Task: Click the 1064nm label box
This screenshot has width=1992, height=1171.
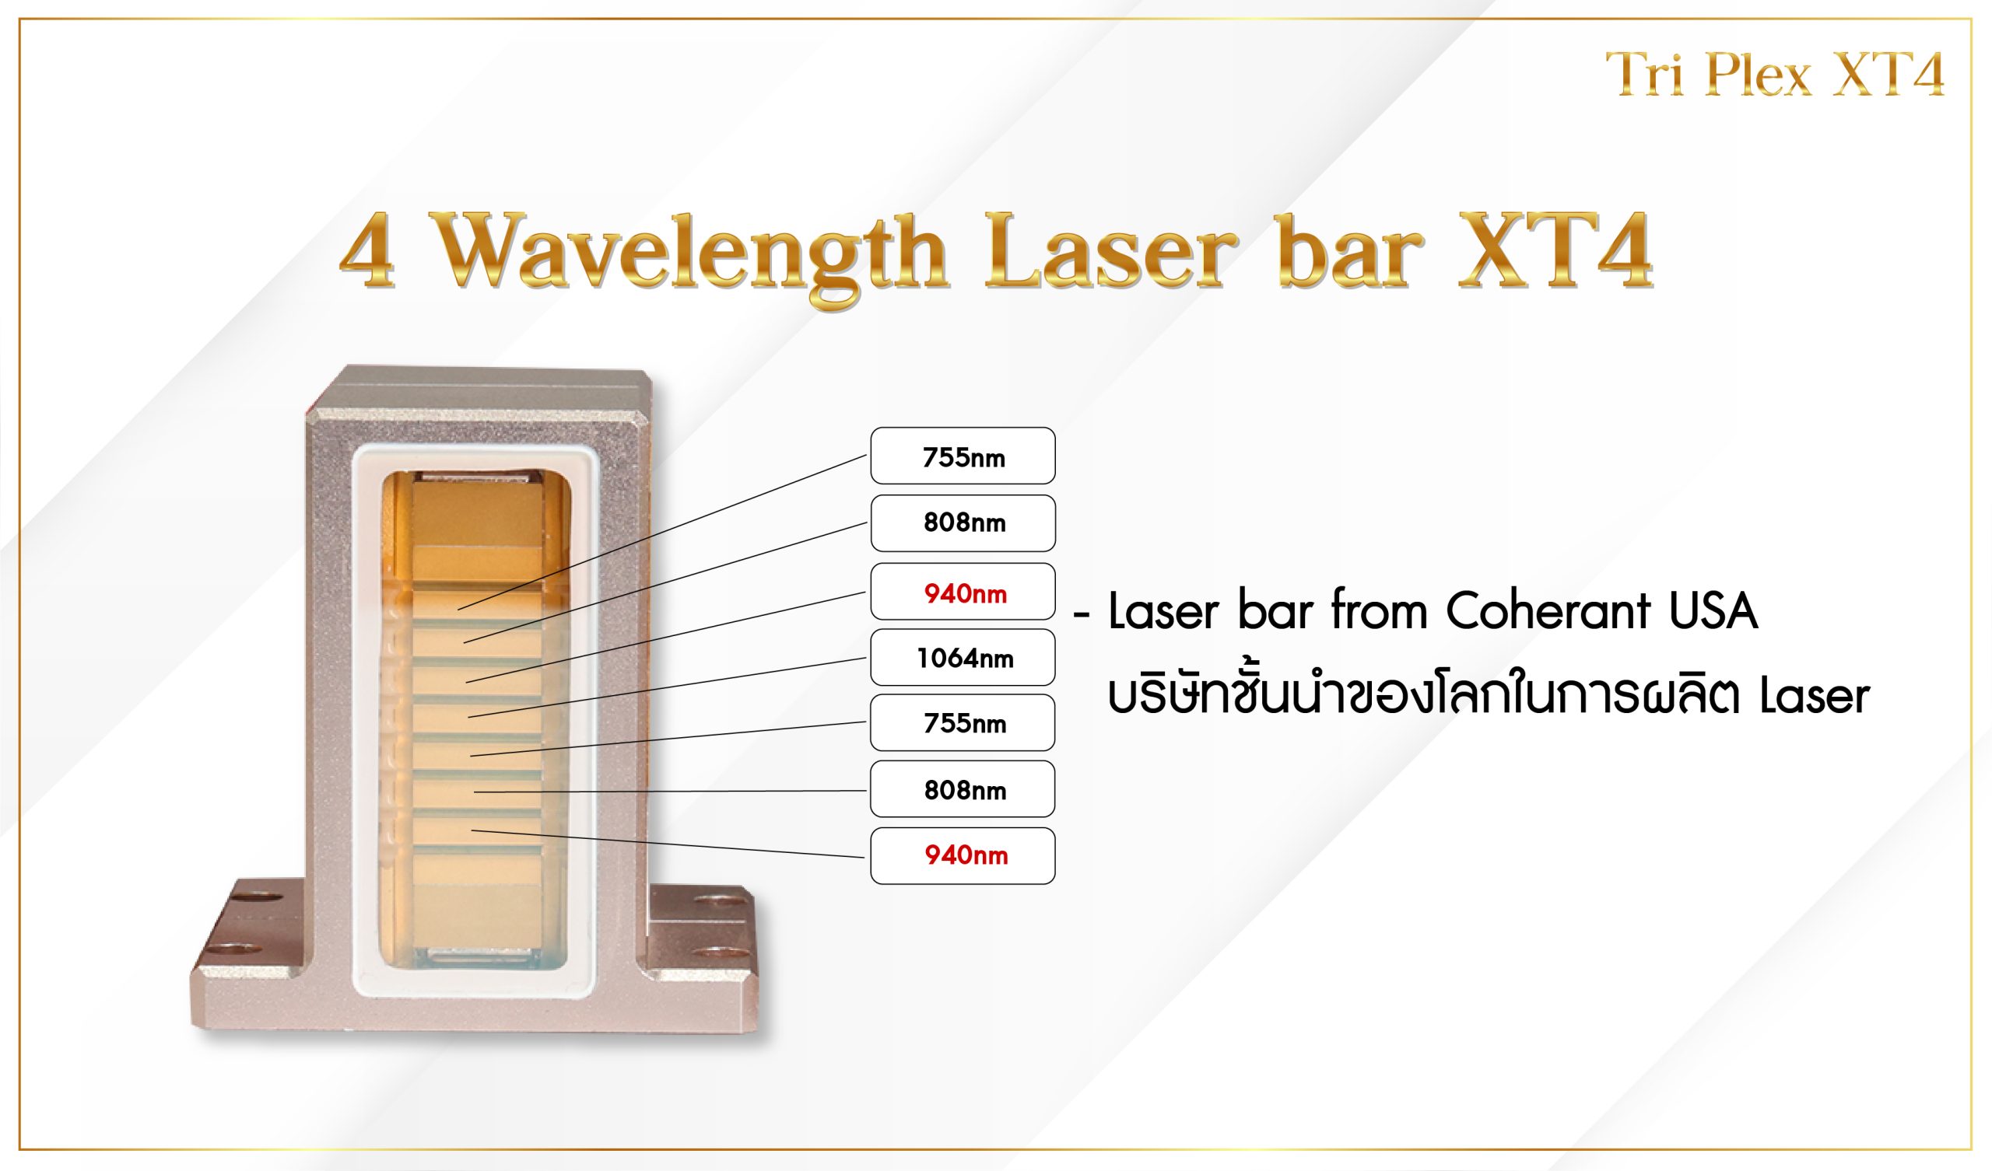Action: coord(963,657)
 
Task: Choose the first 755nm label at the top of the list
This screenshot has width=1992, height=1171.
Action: coord(963,456)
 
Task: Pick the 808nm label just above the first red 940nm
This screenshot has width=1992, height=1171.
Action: coord(963,523)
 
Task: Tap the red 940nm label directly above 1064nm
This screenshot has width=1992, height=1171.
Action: coord(963,591)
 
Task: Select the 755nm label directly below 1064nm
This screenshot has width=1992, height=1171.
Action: coord(963,722)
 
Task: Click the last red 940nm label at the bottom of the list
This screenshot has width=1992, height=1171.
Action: coord(963,856)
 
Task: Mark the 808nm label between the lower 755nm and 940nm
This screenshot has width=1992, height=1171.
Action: coord(963,788)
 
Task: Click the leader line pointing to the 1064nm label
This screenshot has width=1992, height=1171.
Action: coord(668,687)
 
